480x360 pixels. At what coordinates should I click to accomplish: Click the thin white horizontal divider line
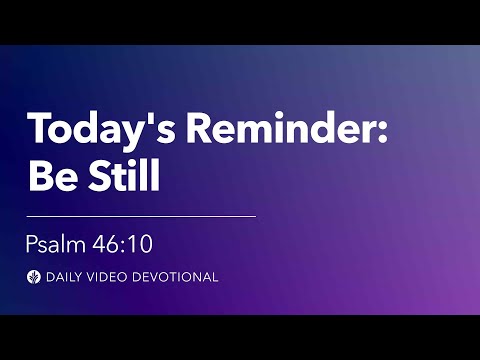click(x=140, y=215)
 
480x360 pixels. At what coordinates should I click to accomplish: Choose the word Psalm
click(x=55, y=244)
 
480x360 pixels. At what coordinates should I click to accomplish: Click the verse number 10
click(x=139, y=244)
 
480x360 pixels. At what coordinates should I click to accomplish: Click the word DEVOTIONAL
click(x=176, y=277)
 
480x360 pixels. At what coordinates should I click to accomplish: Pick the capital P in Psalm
click(x=32, y=244)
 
